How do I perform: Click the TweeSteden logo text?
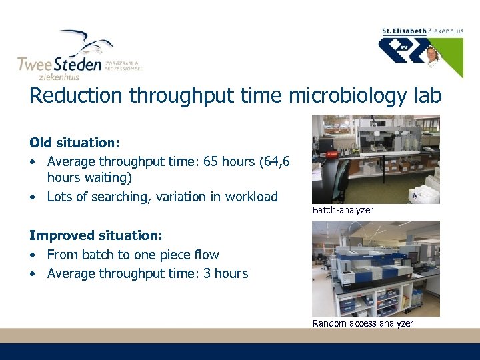(x=59, y=64)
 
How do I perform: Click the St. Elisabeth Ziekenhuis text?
(x=423, y=31)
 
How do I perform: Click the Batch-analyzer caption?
(x=343, y=210)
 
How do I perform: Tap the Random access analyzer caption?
(x=363, y=323)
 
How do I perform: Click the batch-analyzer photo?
(x=376, y=159)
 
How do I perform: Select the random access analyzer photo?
(x=376, y=268)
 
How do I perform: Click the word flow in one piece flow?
(x=205, y=255)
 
